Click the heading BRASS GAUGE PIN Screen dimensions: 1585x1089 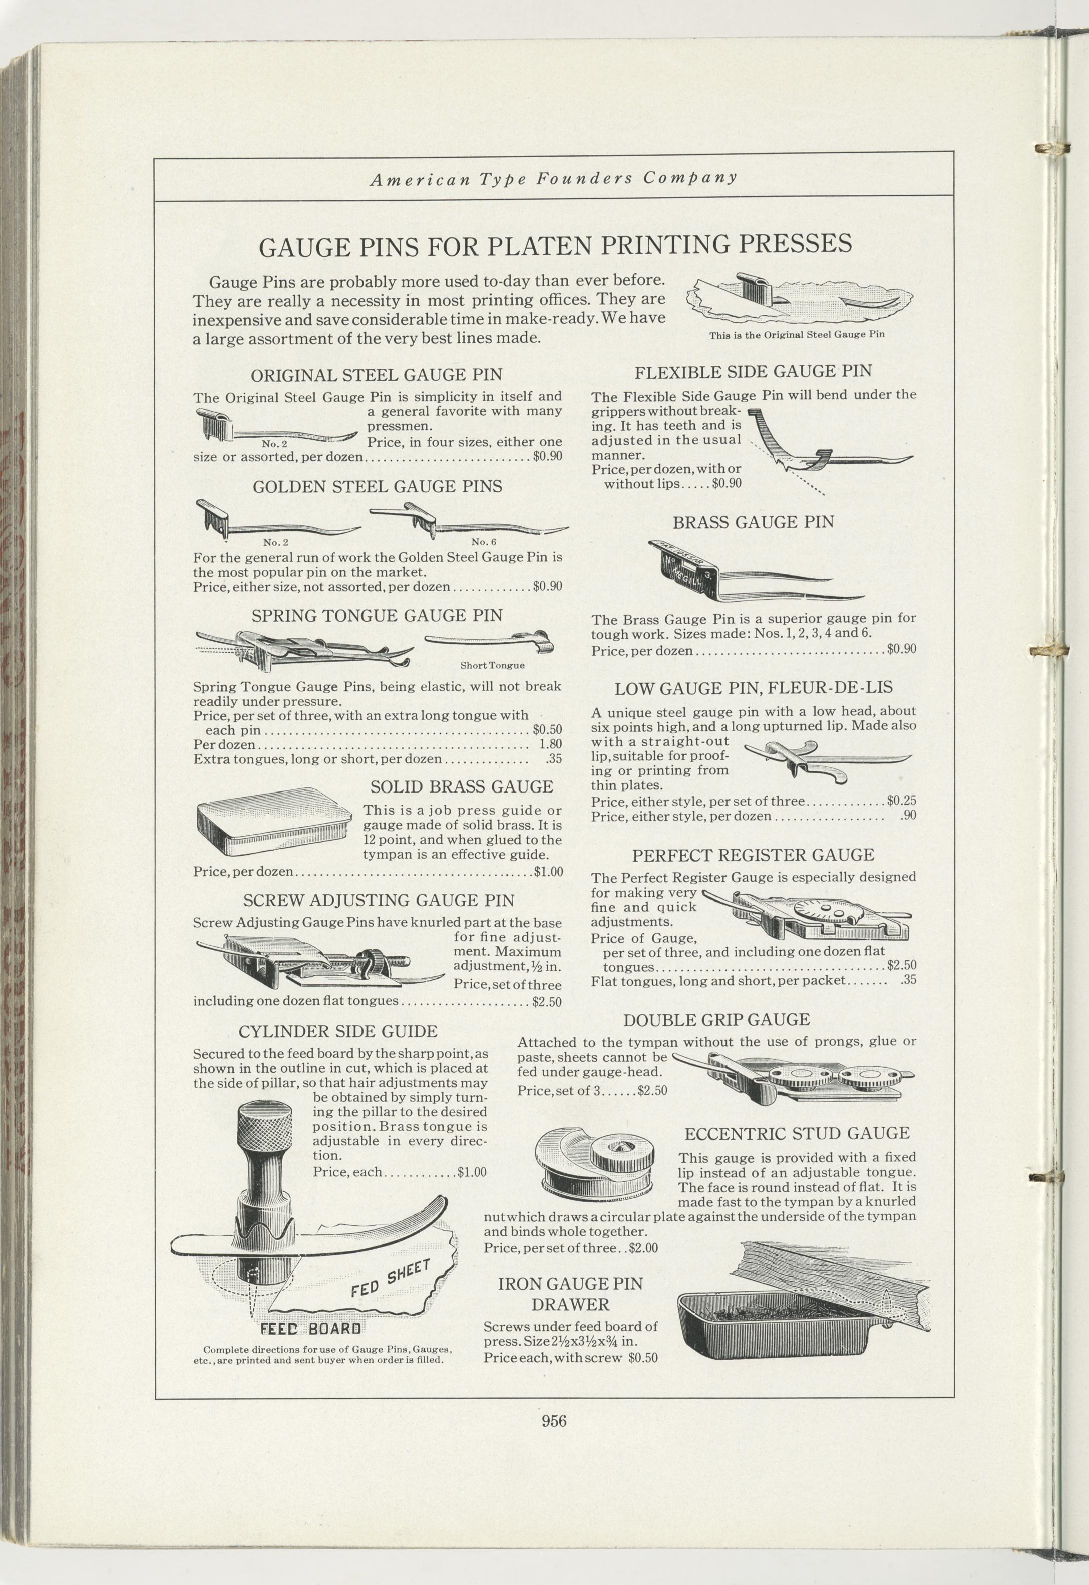[754, 522]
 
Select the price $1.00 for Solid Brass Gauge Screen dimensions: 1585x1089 [549, 872]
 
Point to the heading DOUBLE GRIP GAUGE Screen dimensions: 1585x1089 [716, 1020]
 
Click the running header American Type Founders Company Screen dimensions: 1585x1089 [553, 179]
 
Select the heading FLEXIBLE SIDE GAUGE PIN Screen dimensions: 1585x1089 [754, 372]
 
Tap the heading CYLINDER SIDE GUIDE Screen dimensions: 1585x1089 [338, 1031]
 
